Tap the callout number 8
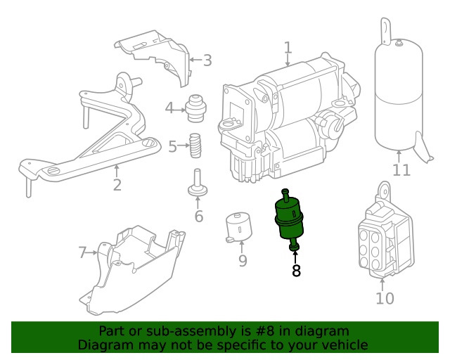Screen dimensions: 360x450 [296, 271]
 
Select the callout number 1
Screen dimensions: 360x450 [288, 48]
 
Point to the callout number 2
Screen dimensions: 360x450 [117, 185]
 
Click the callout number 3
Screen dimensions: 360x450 [207, 60]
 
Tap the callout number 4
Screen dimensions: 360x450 [169, 108]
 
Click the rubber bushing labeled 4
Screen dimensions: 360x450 [195, 108]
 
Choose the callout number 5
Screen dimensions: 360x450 [172, 147]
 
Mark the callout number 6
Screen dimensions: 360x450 [198, 216]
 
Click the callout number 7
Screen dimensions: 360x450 [82, 252]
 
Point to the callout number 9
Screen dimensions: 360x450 [242, 261]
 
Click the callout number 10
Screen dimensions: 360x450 [385, 298]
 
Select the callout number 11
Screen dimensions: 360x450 [400, 170]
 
